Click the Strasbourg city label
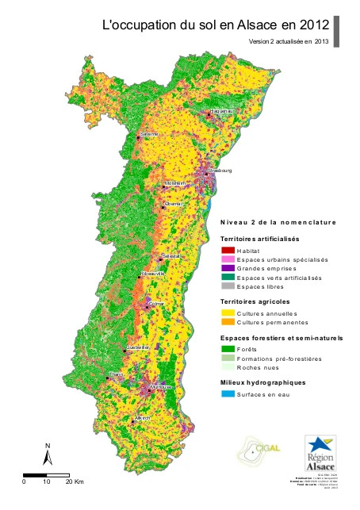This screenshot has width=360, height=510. tap(220, 170)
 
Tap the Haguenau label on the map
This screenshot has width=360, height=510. tap(224, 112)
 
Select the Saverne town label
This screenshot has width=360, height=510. tap(149, 135)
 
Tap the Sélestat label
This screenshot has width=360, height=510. tap(171, 255)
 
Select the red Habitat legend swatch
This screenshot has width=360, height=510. tap(227, 250)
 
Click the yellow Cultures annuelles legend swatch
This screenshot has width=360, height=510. tap(227, 313)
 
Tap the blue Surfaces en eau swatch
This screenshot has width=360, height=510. tap(227, 393)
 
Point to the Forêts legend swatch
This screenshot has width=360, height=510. tap(227, 348)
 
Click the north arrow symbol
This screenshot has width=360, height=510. tap(48, 455)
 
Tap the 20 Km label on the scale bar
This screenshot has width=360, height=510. tap(74, 481)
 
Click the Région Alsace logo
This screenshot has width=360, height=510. tap(320, 453)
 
